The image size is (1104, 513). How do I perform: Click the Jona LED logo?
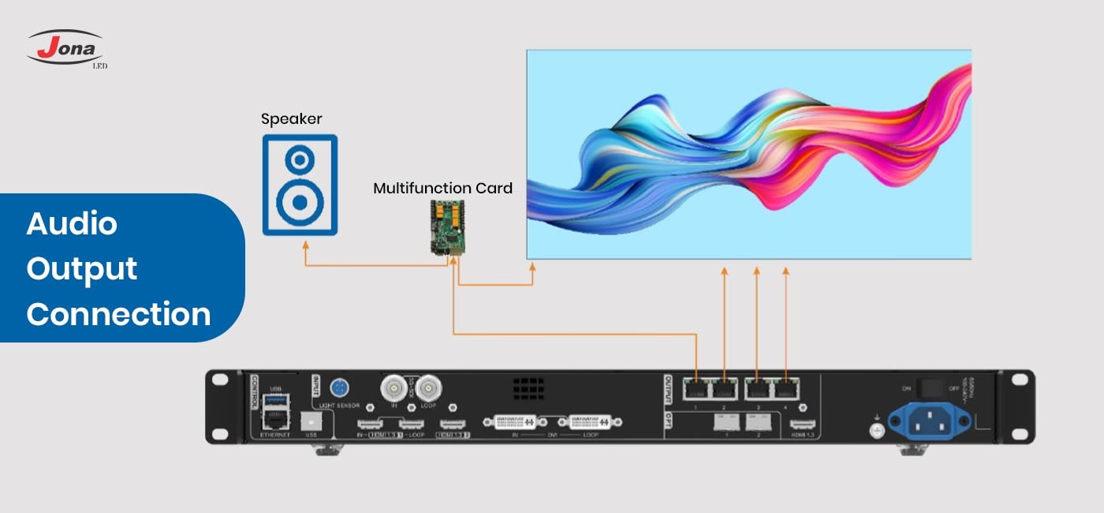(x=66, y=49)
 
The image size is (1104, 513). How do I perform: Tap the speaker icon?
(x=300, y=185)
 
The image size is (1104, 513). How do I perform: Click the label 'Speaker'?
(x=292, y=119)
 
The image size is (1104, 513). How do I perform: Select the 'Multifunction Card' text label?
(x=442, y=189)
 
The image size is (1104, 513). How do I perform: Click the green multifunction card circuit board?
(x=447, y=227)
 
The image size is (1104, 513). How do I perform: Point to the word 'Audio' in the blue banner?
(x=72, y=224)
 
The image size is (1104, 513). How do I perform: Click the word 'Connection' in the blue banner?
(x=118, y=314)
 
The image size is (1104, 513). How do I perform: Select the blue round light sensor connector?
(x=340, y=389)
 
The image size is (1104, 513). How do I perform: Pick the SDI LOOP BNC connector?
(x=428, y=388)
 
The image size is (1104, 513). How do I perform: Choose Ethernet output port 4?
(x=785, y=389)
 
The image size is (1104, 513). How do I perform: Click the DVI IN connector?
(x=516, y=423)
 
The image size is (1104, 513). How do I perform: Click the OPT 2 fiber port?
(x=758, y=421)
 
